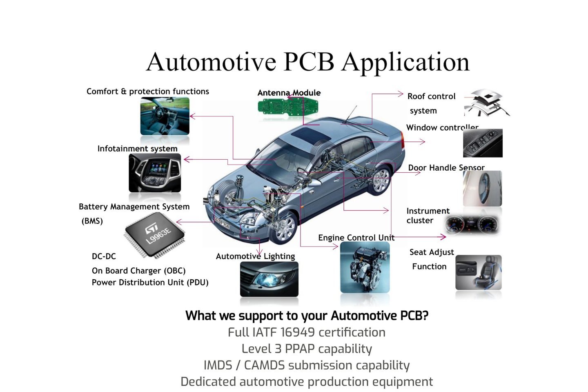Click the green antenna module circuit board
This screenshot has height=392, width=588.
click(288, 107)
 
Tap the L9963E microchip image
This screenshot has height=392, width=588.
click(155, 235)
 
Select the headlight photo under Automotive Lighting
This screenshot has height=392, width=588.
click(269, 279)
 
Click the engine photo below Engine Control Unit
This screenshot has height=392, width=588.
click(365, 267)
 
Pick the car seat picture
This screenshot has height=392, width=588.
click(478, 272)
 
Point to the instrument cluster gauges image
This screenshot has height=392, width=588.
click(473, 224)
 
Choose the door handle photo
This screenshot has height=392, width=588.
click(482, 188)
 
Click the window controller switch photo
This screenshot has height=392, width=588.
click(483, 143)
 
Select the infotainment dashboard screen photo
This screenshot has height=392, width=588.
click(155, 173)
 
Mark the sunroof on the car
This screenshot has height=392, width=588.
click(309, 133)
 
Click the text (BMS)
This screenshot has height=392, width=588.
click(92, 221)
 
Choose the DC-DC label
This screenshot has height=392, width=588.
click(104, 256)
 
